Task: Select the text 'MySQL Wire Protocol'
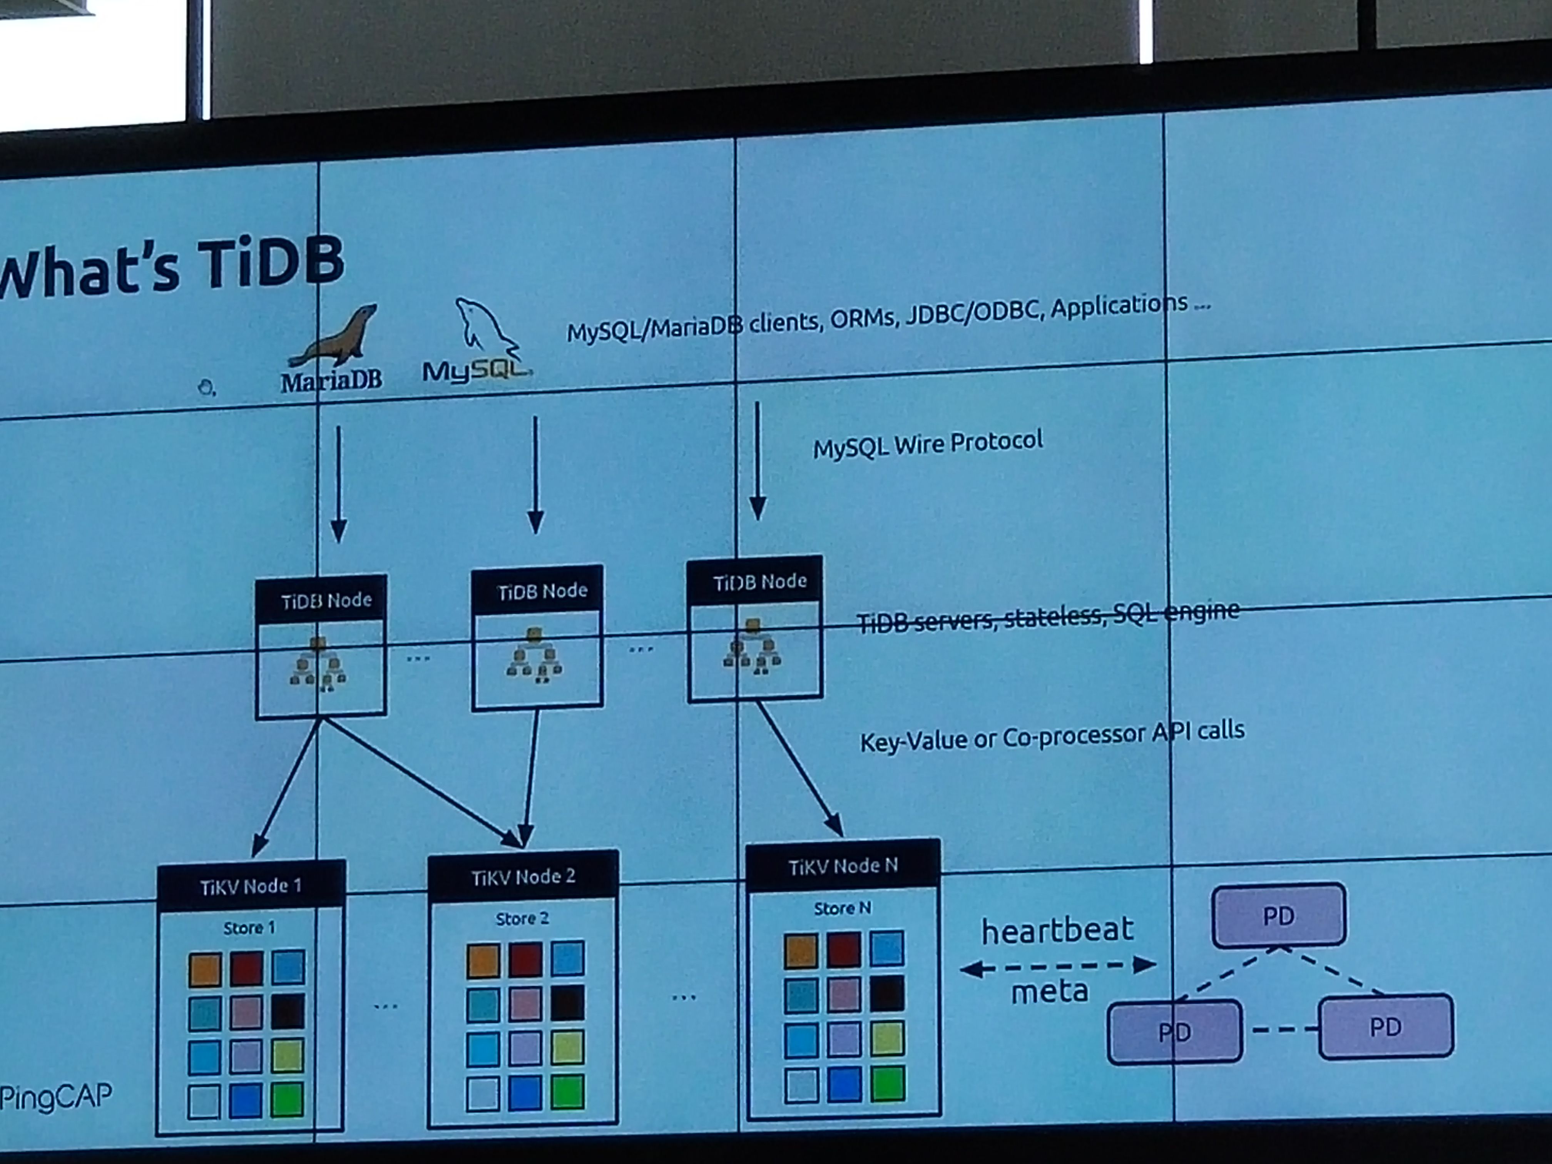click(x=928, y=443)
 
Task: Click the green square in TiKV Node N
click(x=888, y=1083)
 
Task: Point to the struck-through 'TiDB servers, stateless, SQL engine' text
click(x=1047, y=616)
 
